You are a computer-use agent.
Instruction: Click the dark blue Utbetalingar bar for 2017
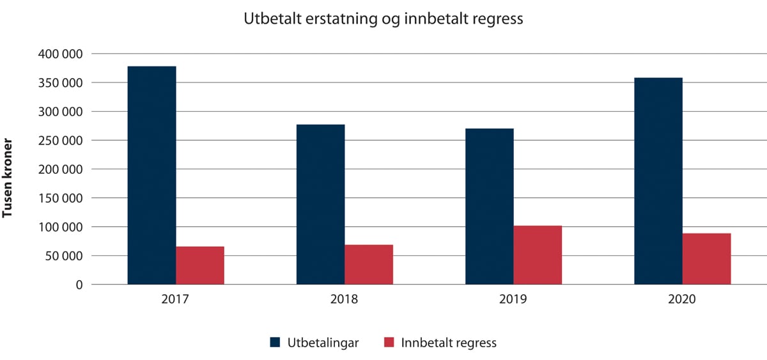coord(151,175)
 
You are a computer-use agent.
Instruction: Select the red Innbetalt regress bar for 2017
coord(200,265)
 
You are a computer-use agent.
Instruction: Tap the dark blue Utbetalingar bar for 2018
coord(320,205)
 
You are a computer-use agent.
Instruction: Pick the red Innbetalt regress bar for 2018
coord(369,265)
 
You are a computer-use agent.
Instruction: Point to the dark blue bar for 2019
coord(489,207)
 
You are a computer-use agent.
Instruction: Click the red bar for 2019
coord(538,255)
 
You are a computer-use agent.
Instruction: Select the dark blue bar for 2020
coord(658,181)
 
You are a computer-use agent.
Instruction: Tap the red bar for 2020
coord(706,259)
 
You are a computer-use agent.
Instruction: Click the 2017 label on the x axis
coord(176,300)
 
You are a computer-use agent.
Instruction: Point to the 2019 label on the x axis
coord(513,300)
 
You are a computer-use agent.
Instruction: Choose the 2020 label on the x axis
coord(682,300)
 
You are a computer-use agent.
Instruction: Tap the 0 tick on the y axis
coord(79,285)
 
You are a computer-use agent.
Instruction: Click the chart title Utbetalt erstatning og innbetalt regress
coord(383,19)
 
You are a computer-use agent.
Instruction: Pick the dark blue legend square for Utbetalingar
coord(275,343)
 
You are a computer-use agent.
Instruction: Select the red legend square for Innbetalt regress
coord(388,343)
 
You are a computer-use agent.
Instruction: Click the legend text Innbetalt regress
coord(449,343)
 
